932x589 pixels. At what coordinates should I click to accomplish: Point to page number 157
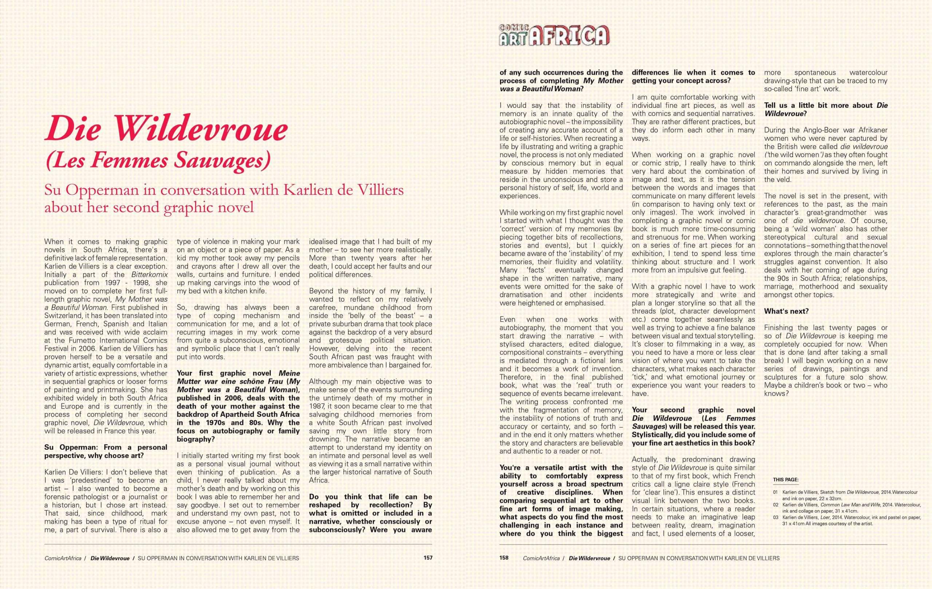coord(428,558)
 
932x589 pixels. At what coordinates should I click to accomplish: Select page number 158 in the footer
coord(504,558)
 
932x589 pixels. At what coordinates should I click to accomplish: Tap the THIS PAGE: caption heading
coord(786,480)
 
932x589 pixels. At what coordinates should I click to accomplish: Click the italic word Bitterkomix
coord(149,274)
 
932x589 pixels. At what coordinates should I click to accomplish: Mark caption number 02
coord(775,505)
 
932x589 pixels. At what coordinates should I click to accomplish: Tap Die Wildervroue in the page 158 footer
coord(589,558)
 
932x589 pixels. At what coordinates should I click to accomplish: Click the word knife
coord(258,291)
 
